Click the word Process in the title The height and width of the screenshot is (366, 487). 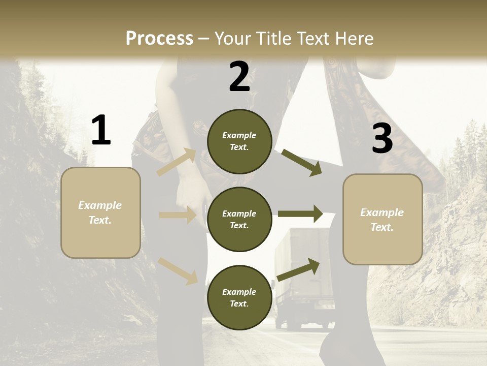click(x=159, y=38)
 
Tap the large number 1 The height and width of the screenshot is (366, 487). click(x=101, y=130)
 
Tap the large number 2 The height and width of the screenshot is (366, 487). click(x=239, y=77)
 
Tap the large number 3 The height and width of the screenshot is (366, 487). click(x=382, y=138)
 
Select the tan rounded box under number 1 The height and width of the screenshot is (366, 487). click(x=100, y=212)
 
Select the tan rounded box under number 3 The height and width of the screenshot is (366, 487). click(x=382, y=220)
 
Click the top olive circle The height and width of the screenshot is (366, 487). click(x=239, y=141)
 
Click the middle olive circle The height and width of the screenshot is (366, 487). click(x=239, y=219)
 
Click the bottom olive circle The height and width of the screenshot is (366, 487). click(x=239, y=297)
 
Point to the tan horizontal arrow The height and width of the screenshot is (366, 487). click(x=178, y=215)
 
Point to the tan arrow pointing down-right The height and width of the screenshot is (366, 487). click(x=178, y=270)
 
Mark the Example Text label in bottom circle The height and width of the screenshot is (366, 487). click(x=239, y=297)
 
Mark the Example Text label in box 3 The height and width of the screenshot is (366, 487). click(x=382, y=220)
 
